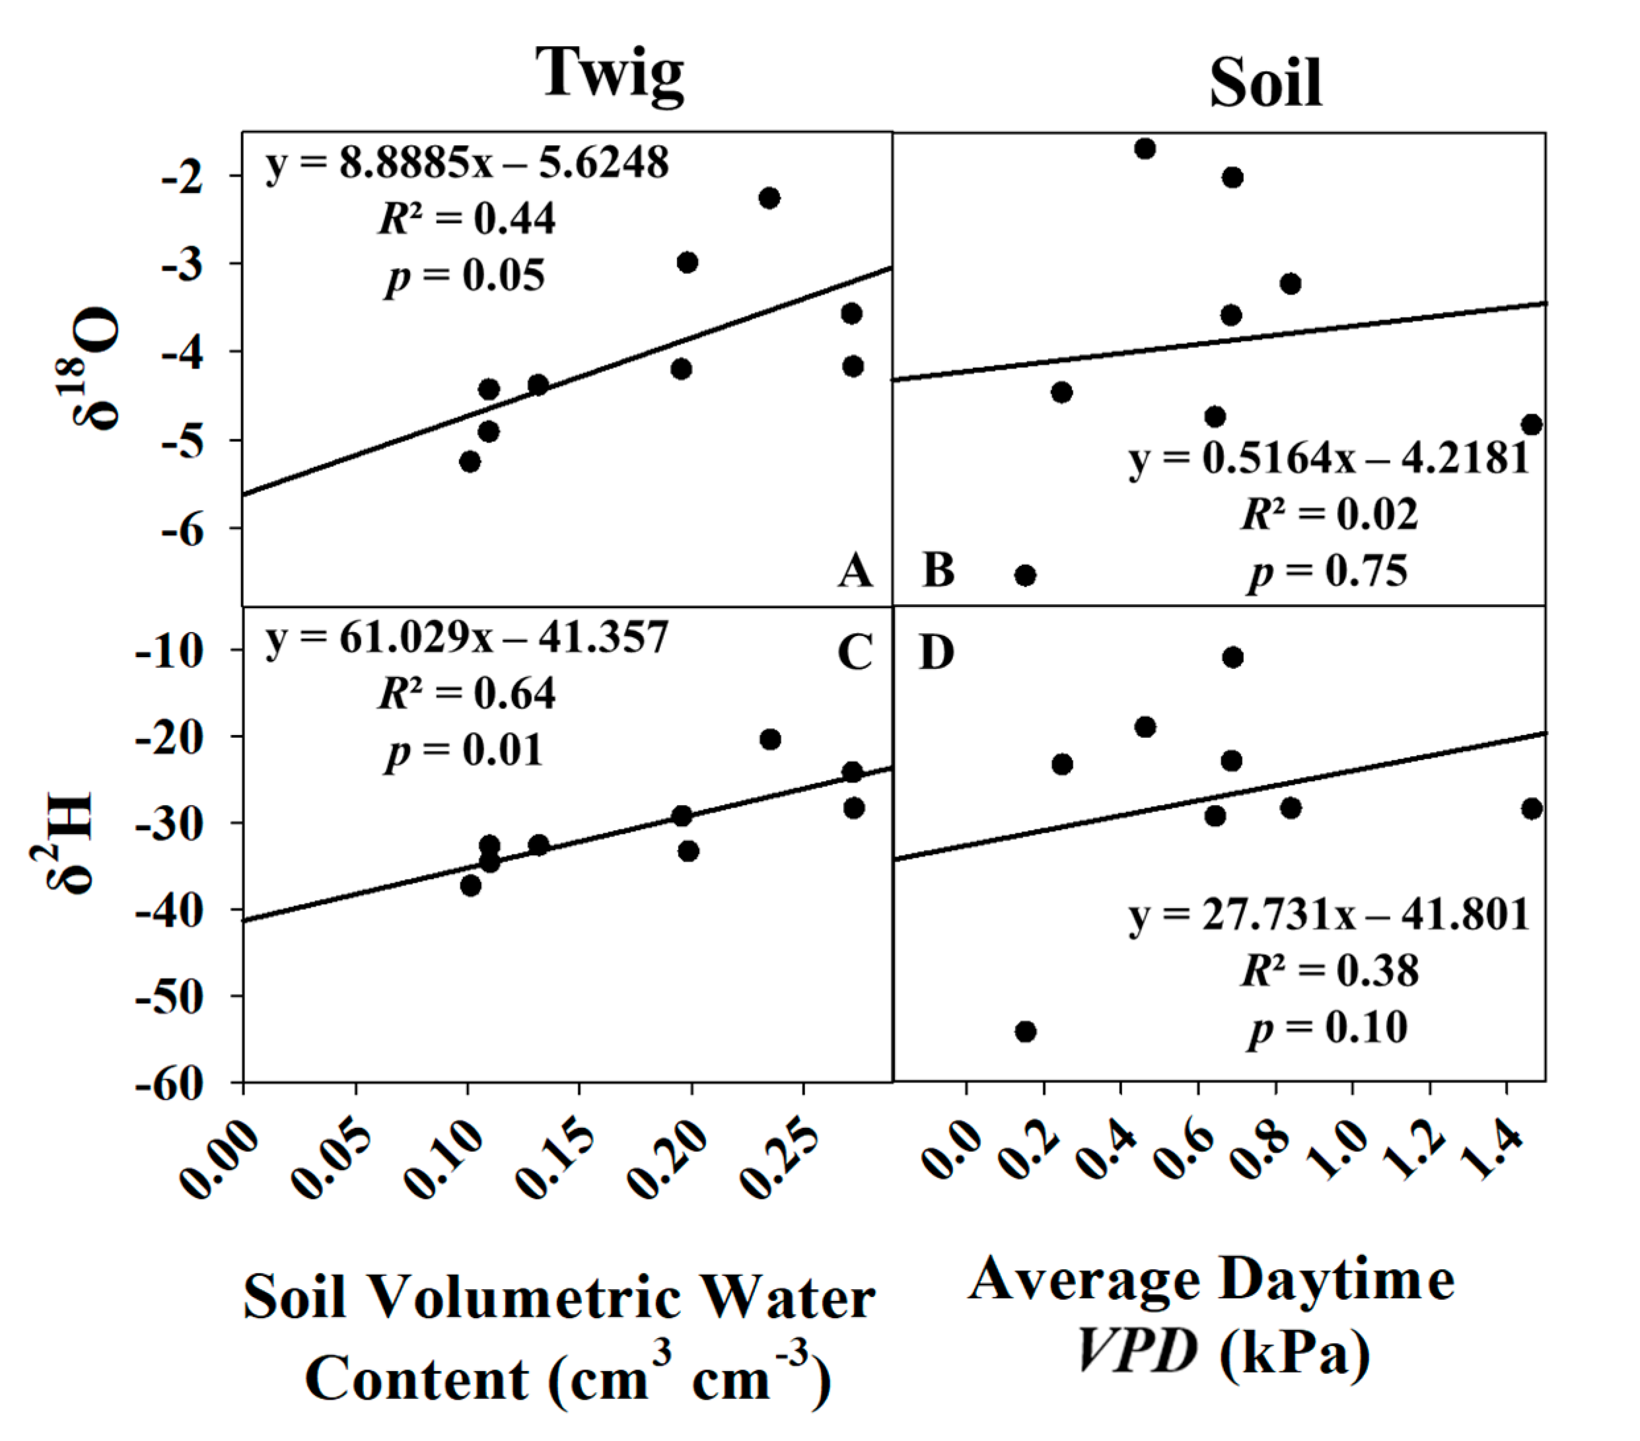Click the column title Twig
coord(610,75)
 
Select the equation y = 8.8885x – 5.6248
coord(466,164)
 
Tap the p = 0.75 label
coord(1328,572)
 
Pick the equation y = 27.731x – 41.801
coord(1328,915)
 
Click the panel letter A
coord(855,571)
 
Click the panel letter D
coord(937,652)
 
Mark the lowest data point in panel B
coord(1024,575)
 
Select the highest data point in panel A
coord(769,197)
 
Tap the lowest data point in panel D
coord(1025,1031)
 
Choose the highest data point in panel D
coord(1232,657)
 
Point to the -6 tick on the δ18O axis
coord(182,530)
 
